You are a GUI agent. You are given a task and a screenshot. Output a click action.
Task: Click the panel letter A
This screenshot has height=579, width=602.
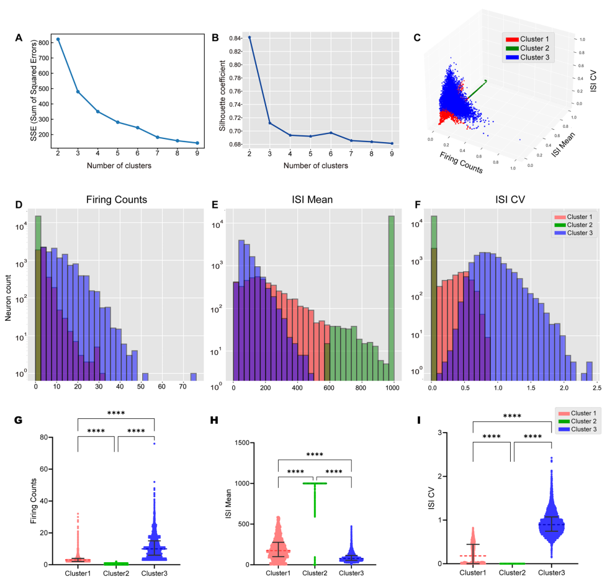[x=19, y=37]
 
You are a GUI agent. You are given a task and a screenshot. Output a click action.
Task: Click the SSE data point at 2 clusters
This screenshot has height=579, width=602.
[x=58, y=39]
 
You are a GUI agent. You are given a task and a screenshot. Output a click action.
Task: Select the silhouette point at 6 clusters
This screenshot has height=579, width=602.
[x=331, y=133]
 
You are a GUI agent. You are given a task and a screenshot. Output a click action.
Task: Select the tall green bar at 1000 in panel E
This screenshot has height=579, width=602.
[x=391, y=298]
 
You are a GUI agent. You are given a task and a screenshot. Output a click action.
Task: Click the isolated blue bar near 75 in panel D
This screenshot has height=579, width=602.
[x=193, y=376]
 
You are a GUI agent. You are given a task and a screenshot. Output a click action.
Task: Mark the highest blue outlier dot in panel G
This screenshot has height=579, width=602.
[x=153, y=444]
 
